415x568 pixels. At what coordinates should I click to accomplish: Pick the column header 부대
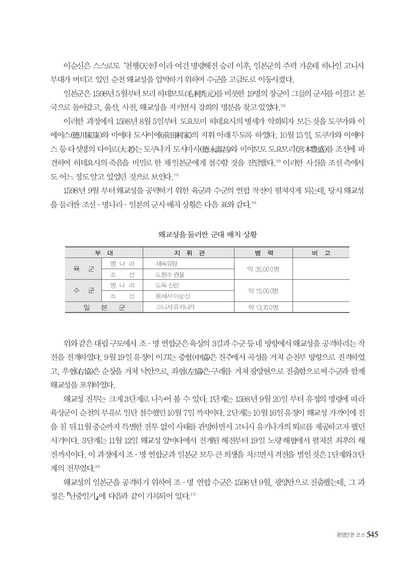click(x=104, y=252)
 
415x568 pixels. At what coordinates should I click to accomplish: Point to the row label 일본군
click(x=104, y=307)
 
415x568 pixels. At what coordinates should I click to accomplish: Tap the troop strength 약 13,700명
click(x=261, y=307)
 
